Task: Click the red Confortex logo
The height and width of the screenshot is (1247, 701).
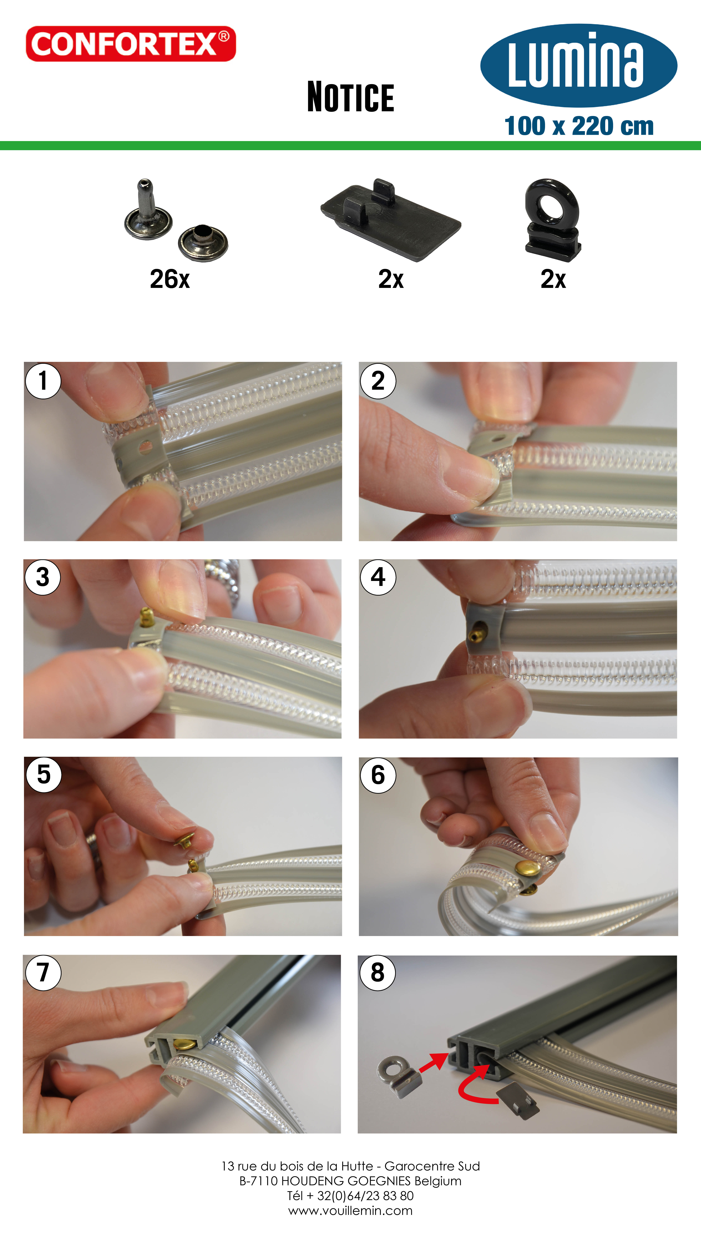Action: click(131, 44)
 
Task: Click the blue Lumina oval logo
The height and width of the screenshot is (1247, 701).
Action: click(579, 65)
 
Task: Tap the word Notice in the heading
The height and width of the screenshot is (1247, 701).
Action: click(351, 97)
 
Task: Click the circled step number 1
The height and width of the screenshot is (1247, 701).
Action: click(43, 381)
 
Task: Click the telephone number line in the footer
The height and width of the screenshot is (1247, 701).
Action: click(350, 1196)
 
